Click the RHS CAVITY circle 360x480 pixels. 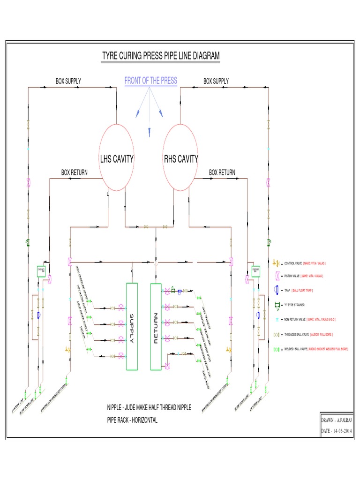click(x=181, y=158)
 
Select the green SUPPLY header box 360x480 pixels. click(x=132, y=326)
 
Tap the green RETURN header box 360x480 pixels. click(x=156, y=326)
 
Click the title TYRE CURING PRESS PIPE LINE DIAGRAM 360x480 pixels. click(x=161, y=57)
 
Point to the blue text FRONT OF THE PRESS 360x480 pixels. click(x=150, y=81)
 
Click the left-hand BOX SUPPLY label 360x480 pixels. click(x=68, y=81)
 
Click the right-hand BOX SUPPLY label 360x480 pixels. click(x=216, y=81)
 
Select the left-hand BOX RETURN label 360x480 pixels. click(x=75, y=173)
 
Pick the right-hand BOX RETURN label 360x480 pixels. click(x=222, y=173)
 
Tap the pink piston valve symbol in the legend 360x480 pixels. click(x=277, y=277)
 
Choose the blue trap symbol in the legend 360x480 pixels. click(x=277, y=291)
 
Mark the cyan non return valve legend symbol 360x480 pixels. click(x=277, y=320)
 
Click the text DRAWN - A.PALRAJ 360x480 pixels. click(x=336, y=421)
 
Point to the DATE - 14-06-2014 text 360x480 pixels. click(x=336, y=431)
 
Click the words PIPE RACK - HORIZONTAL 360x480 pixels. click(x=132, y=420)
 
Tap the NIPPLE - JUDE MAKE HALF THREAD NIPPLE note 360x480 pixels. click(x=149, y=407)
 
